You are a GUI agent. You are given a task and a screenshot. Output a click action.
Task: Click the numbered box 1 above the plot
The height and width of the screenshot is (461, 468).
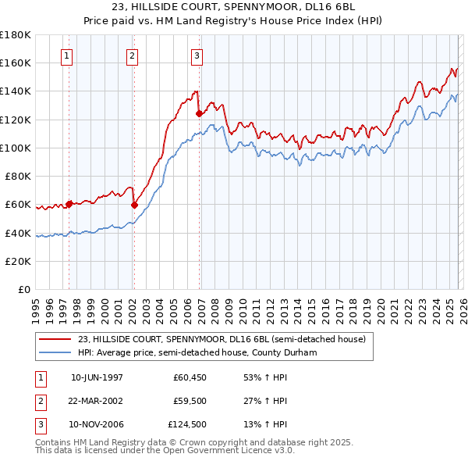coord(67,55)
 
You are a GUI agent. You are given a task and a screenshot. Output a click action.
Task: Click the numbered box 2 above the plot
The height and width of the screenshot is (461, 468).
coord(133,55)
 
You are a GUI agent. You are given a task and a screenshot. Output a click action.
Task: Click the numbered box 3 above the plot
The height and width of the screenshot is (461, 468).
coord(197,55)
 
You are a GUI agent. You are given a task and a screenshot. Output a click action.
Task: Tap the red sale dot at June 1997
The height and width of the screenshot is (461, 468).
coord(69,204)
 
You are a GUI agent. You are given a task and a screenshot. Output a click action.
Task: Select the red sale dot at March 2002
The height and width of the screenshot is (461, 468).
coord(134,205)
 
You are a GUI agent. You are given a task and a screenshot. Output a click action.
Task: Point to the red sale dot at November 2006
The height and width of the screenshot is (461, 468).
coord(199,113)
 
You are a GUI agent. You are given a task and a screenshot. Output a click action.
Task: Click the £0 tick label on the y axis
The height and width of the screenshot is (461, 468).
coord(23,290)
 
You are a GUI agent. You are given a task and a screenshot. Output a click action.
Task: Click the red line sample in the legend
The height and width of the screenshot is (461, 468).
coord(55,339)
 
